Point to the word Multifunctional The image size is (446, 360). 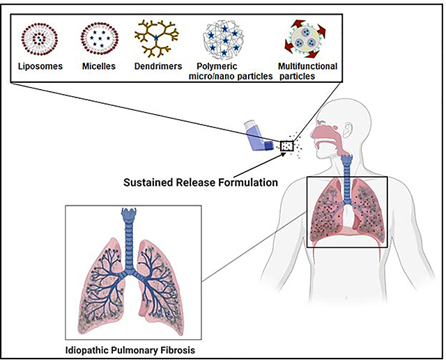coord(307,65)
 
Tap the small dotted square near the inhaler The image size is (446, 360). coord(286,146)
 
